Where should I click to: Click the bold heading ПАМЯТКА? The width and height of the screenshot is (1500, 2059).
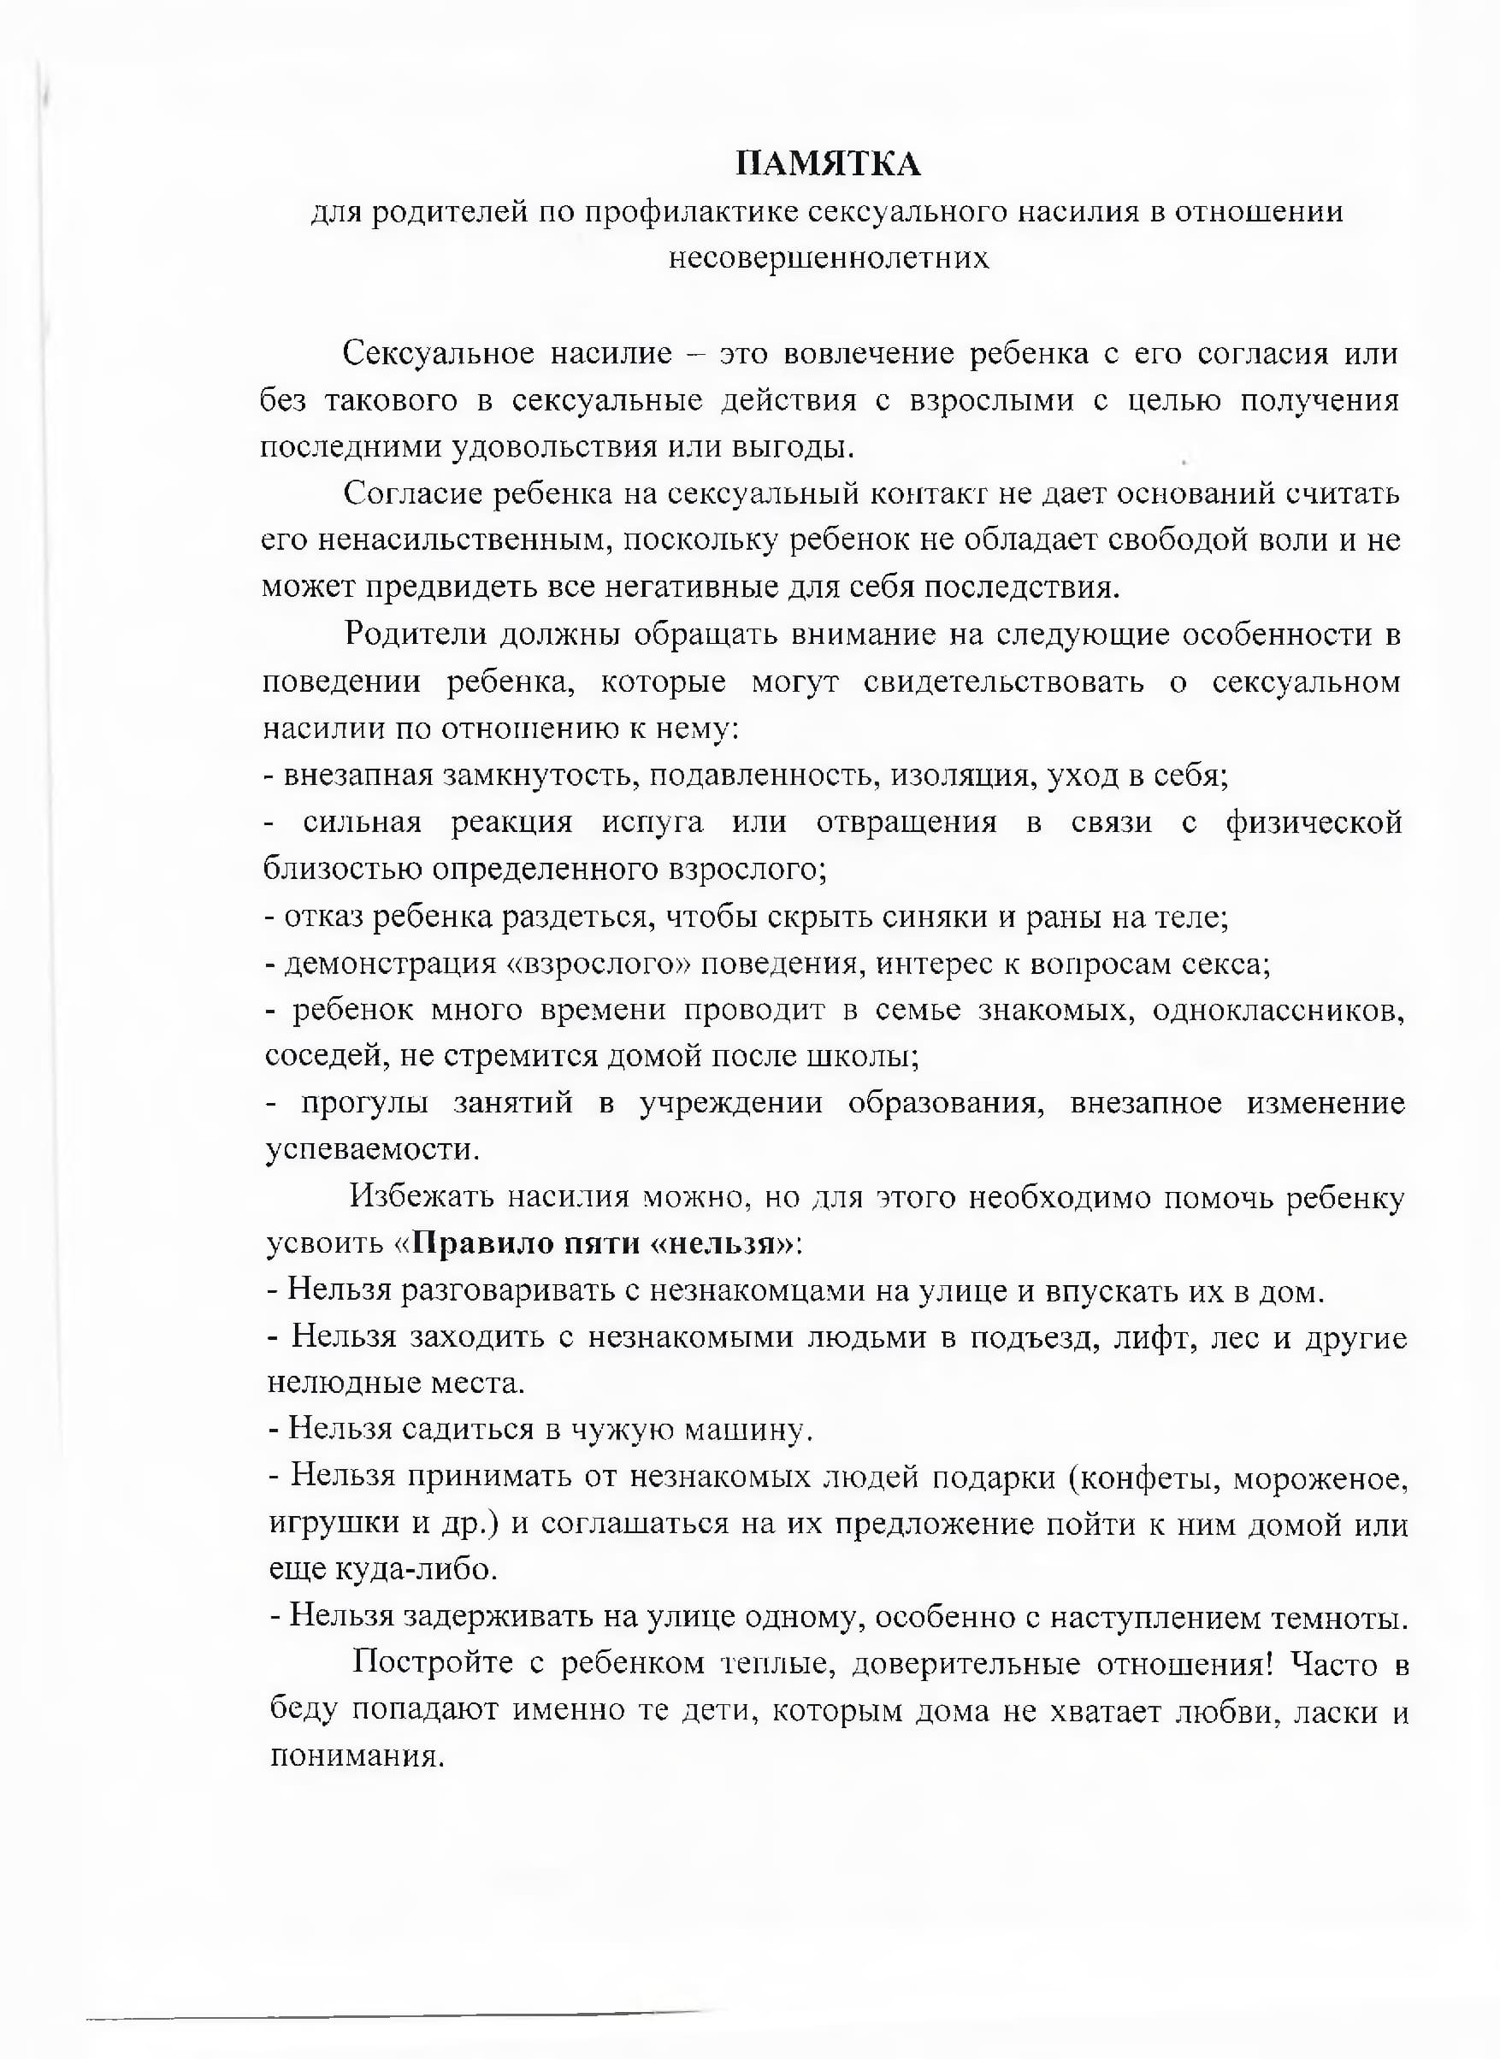(x=827, y=164)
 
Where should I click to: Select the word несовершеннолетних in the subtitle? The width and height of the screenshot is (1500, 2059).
(x=828, y=259)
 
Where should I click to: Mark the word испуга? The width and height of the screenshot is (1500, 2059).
(x=652, y=823)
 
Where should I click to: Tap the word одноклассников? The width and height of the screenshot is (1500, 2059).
(x=1279, y=1011)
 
